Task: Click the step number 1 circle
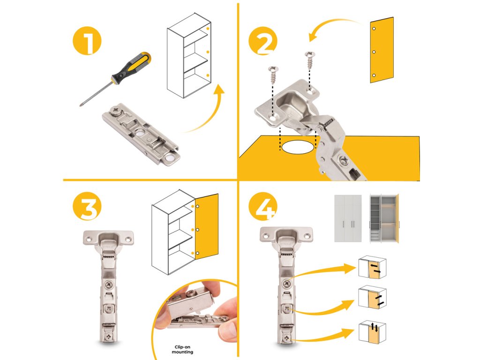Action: click(x=87, y=40)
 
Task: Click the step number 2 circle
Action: click(x=263, y=41)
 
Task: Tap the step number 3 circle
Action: click(x=87, y=206)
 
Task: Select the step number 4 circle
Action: click(x=263, y=206)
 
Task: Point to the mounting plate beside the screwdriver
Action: click(x=141, y=134)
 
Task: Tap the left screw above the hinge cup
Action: click(x=273, y=75)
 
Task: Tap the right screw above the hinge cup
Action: click(x=310, y=60)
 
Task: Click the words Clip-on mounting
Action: click(x=182, y=349)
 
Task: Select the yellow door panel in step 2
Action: click(x=382, y=50)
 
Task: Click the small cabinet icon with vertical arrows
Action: click(x=372, y=332)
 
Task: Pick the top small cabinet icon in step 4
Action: click(x=372, y=267)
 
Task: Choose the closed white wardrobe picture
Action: click(x=348, y=218)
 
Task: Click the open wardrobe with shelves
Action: click(x=384, y=218)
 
